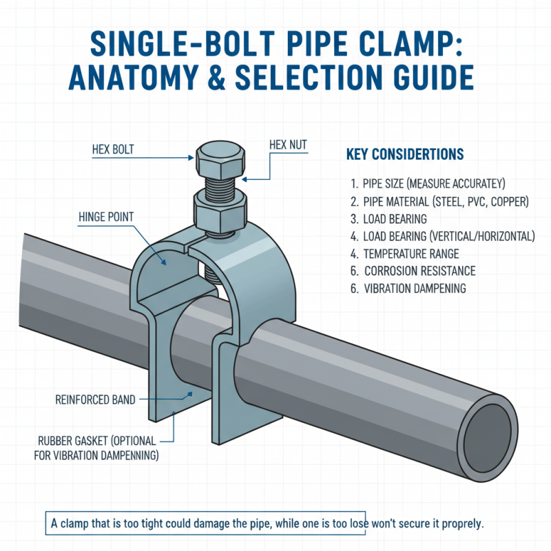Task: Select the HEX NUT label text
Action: pos(287,145)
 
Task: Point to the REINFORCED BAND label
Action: pos(95,399)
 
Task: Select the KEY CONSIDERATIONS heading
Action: pos(404,154)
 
